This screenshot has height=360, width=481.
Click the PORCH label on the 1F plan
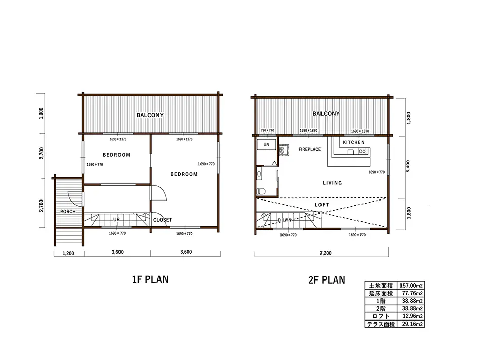(x=68, y=211)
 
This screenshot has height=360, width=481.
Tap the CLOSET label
(x=163, y=220)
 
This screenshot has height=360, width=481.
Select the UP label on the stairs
(x=116, y=220)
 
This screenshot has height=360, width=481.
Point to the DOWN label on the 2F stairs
(x=285, y=220)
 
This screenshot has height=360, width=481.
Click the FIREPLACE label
(x=310, y=149)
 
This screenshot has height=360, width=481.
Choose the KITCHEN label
(x=354, y=142)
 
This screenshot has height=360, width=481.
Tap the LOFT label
(x=322, y=205)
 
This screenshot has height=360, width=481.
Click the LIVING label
(x=332, y=183)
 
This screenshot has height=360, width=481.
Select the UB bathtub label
(x=266, y=145)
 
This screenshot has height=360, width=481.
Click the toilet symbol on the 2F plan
(x=261, y=191)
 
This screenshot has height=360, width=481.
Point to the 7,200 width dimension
(x=326, y=253)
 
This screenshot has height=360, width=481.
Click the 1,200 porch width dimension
(x=68, y=253)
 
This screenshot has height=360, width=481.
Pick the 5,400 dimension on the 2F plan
(x=408, y=166)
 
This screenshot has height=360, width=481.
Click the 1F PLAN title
(x=150, y=279)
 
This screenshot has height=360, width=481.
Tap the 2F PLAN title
(x=327, y=280)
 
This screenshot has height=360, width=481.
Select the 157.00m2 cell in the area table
(x=411, y=286)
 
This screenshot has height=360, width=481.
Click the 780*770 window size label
(x=267, y=130)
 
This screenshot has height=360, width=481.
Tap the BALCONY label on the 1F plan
(x=150, y=115)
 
